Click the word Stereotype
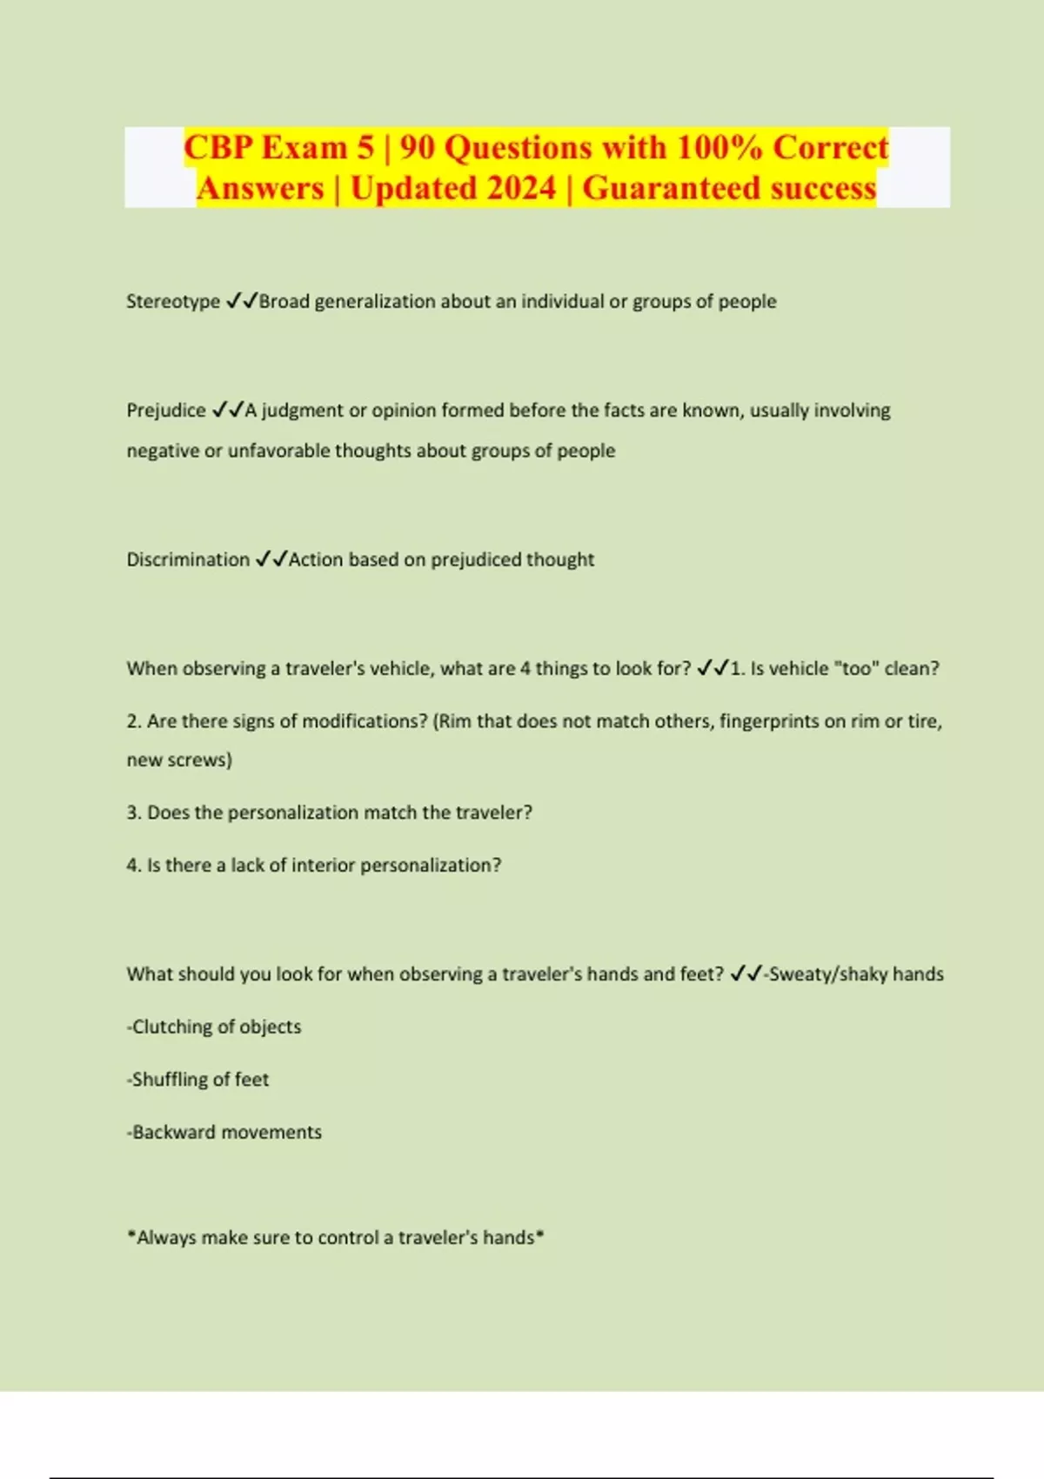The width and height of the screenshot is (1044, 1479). (173, 302)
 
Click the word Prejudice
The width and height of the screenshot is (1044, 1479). (166, 411)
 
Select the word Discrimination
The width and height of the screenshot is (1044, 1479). (188, 559)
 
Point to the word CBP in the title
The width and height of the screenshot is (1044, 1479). (218, 147)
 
